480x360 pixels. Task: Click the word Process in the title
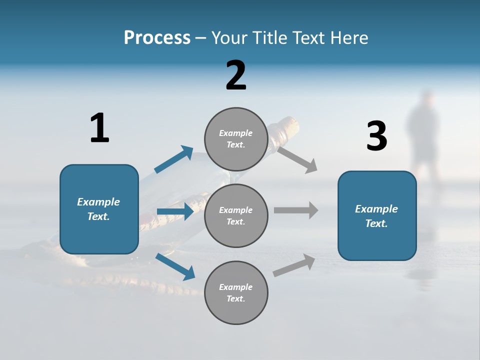[157, 37]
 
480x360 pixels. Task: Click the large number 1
[99, 128]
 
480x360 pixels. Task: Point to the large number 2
[236, 75]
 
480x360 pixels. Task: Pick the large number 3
[377, 136]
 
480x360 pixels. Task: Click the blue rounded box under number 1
[99, 209]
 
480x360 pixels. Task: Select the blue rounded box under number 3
[377, 215]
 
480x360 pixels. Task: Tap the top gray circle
[236, 139]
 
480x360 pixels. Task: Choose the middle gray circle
[236, 215]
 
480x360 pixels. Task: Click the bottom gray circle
[236, 292]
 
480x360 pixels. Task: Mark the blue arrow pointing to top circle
[173, 159]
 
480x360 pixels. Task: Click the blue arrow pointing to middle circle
[175, 211]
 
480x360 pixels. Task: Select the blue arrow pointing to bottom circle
[175, 266]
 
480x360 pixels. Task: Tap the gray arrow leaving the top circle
[297, 159]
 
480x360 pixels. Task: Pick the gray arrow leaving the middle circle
[296, 210]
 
